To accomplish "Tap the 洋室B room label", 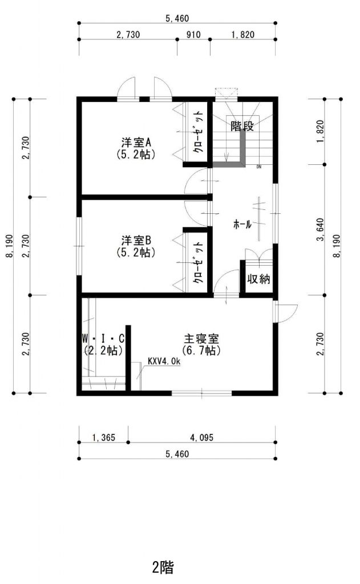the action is click(136, 240).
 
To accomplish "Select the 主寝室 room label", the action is click(201, 339).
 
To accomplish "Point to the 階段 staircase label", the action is click(242, 126).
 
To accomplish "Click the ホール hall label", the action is click(242, 224).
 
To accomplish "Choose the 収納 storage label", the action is click(258, 278).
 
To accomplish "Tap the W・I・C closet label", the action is click(103, 339).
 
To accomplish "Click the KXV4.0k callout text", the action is click(164, 361).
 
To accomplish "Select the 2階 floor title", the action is click(163, 567).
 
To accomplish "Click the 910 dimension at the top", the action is click(193, 35).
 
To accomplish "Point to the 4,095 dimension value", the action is click(201, 437).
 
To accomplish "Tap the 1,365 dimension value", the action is click(104, 437).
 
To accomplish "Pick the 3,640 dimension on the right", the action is click(320, 229).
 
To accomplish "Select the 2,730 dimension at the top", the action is click(128, 35).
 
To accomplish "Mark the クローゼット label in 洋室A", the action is click(198, 132).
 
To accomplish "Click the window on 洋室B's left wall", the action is click(79, 246).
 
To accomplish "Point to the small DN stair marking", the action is click(258, 167).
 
